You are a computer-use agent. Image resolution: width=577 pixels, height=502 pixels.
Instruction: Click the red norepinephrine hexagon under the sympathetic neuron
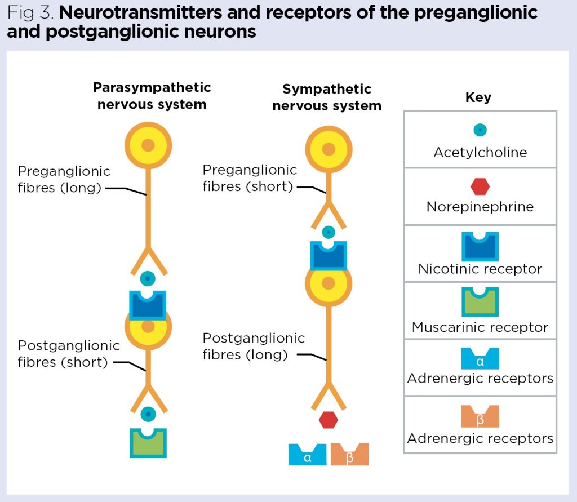coord(328,420)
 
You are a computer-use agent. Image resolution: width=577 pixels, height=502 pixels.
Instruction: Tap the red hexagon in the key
coord(480,186)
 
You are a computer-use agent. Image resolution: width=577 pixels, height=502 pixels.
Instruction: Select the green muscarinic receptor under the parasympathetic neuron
coord(148,443)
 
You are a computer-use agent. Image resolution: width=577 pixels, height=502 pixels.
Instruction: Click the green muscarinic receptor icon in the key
coord(480,303)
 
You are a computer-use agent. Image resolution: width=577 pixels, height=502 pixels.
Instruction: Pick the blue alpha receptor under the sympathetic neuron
coord(307,454)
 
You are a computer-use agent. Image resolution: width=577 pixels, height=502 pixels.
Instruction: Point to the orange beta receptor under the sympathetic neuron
coord(349,454)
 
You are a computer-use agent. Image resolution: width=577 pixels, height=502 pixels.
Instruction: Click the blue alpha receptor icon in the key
coord(480,359)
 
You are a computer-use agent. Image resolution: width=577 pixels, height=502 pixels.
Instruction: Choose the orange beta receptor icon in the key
coord(480,417)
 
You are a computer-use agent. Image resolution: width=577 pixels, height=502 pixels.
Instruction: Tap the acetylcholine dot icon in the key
coord(480,130)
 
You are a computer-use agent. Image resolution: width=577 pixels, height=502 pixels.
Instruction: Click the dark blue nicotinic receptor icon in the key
coord(480,246)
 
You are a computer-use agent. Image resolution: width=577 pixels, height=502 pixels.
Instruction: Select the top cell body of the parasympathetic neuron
coord(148,145)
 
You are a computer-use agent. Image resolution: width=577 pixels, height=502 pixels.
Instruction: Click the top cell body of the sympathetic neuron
coord(329,149)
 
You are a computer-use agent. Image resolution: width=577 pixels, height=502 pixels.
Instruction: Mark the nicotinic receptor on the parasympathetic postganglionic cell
coord(148,305)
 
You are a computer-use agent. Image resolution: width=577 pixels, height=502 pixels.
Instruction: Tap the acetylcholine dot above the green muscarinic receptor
coord(148,414)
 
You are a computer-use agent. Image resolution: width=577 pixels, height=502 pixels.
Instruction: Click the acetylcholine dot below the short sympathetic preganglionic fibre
coord(329,232)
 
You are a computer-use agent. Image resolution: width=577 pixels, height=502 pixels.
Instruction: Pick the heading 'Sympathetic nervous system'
coord(327,97)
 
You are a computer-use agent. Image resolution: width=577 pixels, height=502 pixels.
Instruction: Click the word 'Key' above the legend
coord(478,97)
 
